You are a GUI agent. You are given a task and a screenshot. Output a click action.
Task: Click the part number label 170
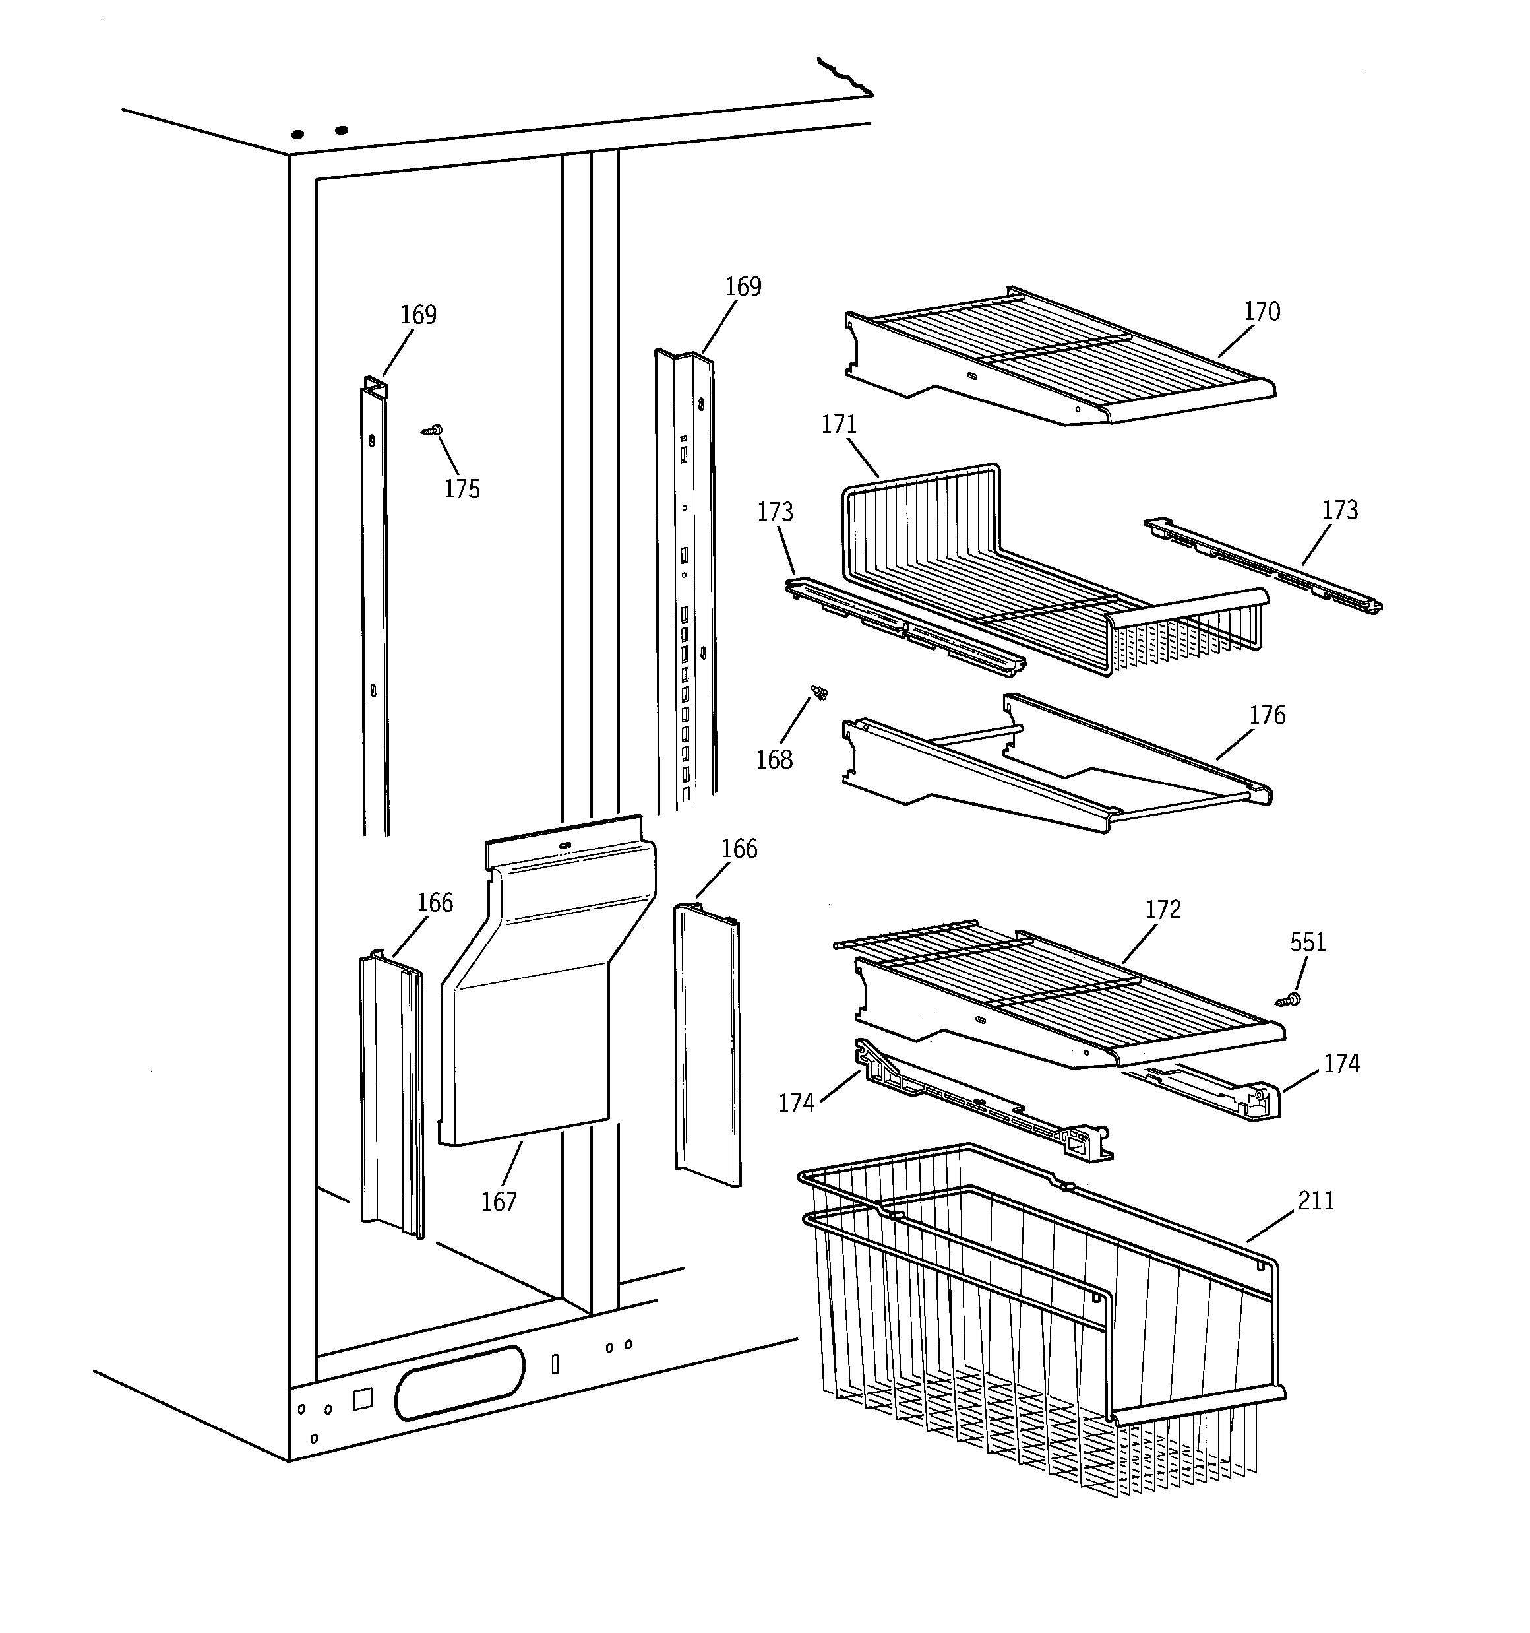(x=1262, y=311)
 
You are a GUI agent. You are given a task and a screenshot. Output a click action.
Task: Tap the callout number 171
(x=838, y=425)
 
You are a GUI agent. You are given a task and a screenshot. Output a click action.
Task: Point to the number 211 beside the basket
(x=1316, y=1201)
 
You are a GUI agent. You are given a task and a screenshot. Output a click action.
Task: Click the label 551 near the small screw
(x=1308, y=942)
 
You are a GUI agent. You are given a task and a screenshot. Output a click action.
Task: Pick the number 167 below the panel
(x=499, y=1201)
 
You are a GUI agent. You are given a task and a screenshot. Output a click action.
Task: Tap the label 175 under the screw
(x=462, y=490)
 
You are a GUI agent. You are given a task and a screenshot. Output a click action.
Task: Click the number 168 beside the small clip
(x=774, y=760)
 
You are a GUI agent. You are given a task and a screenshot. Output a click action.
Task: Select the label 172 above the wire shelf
(x=1162, y=909)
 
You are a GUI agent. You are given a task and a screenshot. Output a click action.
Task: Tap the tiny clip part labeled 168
(x=818, y=693)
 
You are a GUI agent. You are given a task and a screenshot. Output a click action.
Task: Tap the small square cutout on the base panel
(x=362, y=1399)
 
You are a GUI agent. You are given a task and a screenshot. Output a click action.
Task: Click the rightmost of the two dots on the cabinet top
(x=342, y=130)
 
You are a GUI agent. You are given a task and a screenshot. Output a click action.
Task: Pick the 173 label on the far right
(x=1339, y=510)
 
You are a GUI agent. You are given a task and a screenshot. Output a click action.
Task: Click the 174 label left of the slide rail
(x=796, y=1103)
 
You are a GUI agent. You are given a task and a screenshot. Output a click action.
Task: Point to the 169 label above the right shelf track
(x=743, y=286)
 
